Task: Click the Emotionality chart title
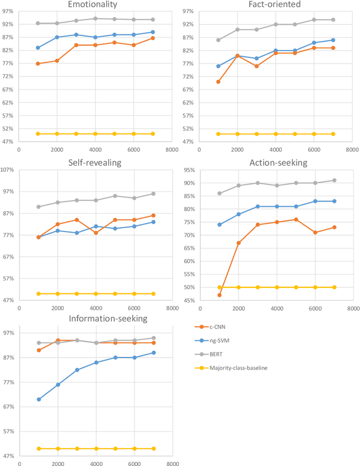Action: click(x=92, y=4)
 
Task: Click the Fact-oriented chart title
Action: click(x=274, y=4)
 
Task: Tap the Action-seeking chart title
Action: click(x=274, y=163)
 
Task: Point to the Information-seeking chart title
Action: click(x=108, y=319)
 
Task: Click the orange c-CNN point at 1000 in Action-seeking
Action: click(x=219, y=295)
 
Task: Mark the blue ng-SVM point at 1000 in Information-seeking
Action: click(x=38, y=400)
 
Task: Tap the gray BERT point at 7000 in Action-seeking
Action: click(x=334, y=180)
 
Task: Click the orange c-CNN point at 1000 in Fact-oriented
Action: click(x=218, y=82)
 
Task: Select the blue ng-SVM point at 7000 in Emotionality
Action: click(x=152, y=32)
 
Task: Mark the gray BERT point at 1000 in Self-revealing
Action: click(x=38, y=207)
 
